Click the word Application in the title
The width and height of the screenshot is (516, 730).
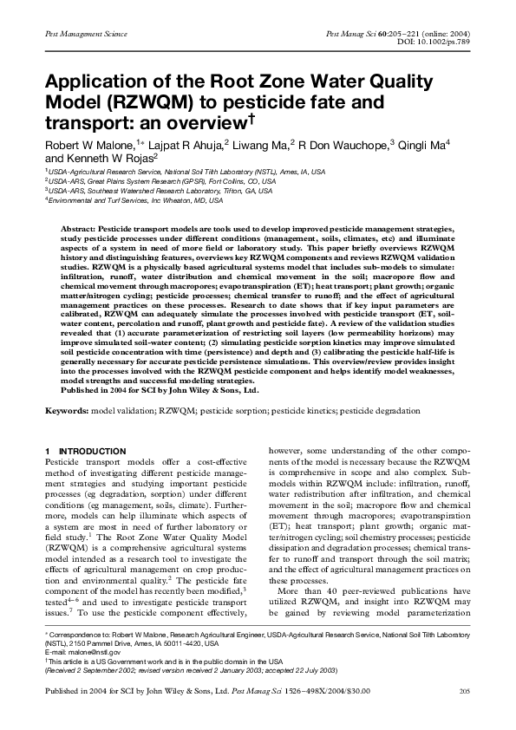[94, 83]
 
